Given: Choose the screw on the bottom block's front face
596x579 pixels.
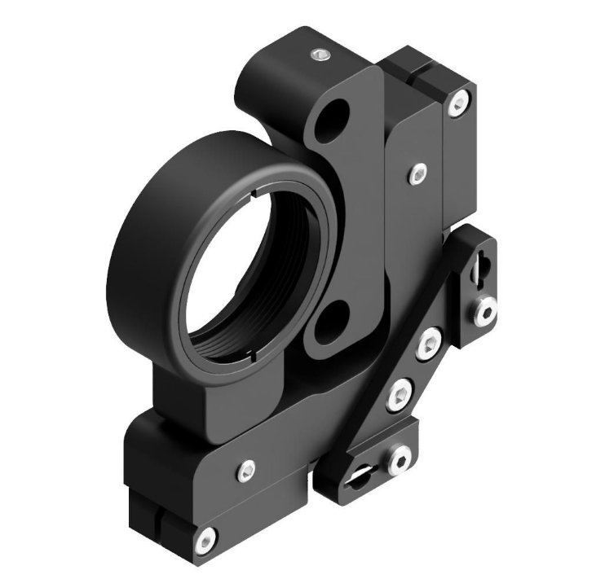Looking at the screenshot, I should [x=245, y=468].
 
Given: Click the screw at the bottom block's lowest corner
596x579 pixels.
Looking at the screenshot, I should [x=207, y=536].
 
